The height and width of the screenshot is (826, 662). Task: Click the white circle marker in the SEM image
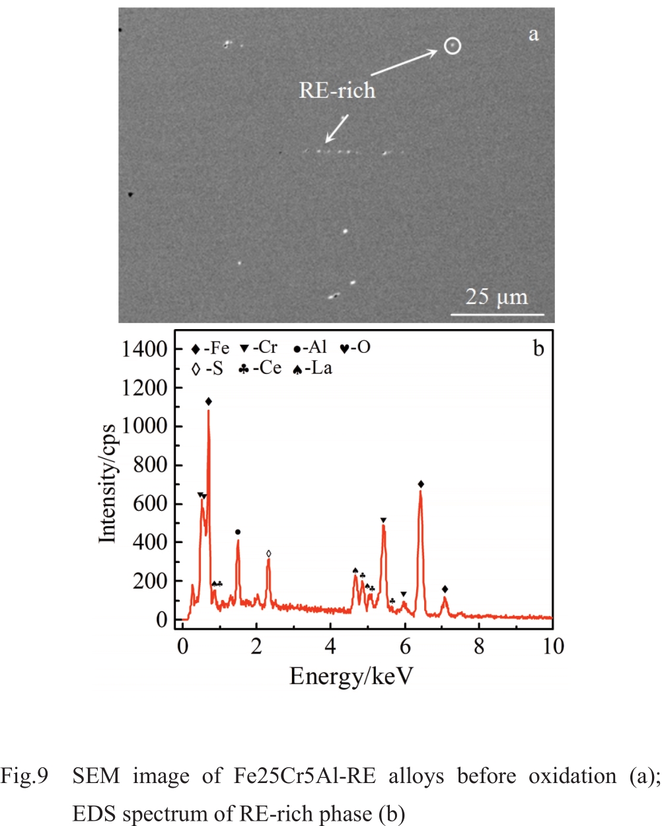452,46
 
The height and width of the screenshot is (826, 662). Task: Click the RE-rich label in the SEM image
337,91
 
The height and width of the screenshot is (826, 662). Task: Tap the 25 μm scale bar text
497,297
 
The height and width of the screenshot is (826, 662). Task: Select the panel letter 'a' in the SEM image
533,34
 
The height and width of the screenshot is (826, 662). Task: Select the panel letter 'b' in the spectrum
538,348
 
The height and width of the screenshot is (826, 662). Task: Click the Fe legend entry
210,348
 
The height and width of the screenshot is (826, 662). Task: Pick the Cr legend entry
258,348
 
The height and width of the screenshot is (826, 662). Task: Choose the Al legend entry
310,348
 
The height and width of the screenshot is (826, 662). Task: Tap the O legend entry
355,348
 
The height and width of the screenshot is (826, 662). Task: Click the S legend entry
207,369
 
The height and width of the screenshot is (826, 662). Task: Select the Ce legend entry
260,369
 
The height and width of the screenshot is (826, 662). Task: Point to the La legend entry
312,369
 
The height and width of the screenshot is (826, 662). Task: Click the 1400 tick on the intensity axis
144,349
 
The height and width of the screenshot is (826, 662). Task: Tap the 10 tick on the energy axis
553,646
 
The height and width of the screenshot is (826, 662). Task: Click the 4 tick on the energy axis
330,646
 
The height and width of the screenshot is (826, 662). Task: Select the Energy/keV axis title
351,677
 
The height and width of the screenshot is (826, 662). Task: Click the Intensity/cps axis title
107,484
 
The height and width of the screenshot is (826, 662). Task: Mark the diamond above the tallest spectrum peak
209,401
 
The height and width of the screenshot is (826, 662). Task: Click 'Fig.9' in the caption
24,776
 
